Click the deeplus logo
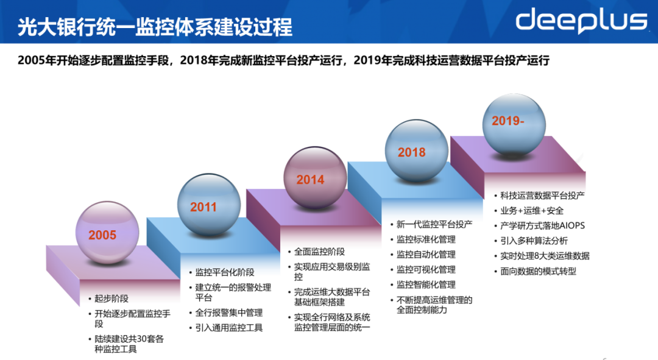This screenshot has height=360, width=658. (x=581, y=21)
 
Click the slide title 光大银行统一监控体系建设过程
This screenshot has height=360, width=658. (x=155, y=27)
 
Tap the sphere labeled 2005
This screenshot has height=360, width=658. (x=107, y=233)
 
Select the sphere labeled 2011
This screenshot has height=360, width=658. (x=209, y=205)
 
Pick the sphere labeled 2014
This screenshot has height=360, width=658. (x=315, y=177)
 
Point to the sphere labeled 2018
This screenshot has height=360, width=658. (x=417, y=150)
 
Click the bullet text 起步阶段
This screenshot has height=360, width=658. (x=111, y=298)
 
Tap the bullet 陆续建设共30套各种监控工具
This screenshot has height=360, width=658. (x=129, y=344)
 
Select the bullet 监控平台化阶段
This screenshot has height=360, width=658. (x=224, y=272)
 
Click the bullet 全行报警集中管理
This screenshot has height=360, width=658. (x=228, y=312)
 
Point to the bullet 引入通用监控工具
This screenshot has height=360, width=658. (x=228, y=328)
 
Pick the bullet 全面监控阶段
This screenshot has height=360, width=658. (x=319, y=252)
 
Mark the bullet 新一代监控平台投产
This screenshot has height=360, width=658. (x=434, y=225)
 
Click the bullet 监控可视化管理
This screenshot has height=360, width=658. (x=426, y=270)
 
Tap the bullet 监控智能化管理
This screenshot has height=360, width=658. (x=426, y=285)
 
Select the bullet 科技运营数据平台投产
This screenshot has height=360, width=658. (x=542, y=196)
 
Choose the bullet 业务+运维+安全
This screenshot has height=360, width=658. (x=532, y=211)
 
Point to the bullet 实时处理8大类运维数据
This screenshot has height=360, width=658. (x=545, y=256)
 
